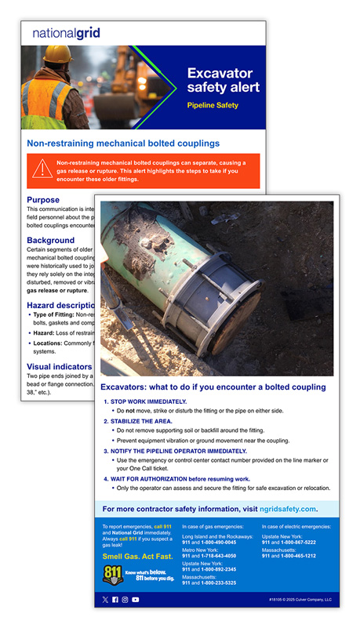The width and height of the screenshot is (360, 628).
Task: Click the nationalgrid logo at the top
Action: [x=66, y=34]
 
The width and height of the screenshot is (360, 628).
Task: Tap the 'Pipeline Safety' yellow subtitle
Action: [x=212, y=105]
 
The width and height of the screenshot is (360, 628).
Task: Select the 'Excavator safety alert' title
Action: [x=223, y=80]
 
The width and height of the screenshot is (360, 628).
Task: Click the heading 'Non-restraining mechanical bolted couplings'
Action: [x=123, y=143]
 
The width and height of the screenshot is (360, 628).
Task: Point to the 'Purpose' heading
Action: [x=43, y=200]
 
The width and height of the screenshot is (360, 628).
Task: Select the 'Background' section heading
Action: [x=51, y=240]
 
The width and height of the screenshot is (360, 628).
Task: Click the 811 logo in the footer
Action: [x=113, y=575]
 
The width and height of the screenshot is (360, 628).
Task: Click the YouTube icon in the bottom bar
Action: [x=136, y=600]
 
